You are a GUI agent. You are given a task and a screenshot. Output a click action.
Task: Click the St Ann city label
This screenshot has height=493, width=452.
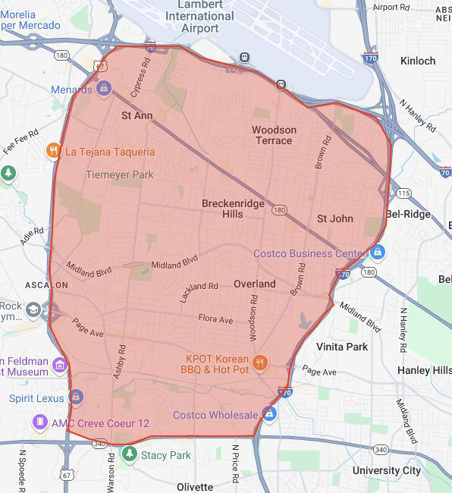click(137, 116)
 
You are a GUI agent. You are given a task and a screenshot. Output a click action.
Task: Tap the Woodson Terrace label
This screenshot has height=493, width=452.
click(274, 135)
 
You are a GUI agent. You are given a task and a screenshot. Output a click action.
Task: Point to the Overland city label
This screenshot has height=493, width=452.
click(254, 284)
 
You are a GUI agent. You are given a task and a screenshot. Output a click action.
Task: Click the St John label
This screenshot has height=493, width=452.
click(334, 218)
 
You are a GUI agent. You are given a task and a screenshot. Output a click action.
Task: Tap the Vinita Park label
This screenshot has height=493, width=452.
click(342, 347)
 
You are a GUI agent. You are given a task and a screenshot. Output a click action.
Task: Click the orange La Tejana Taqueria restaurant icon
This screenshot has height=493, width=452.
click(53, 151)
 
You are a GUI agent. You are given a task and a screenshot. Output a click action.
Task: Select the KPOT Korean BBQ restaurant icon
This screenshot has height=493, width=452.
click(260, 362)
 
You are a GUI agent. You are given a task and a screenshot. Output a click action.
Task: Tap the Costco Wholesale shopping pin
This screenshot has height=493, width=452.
click(268, 414)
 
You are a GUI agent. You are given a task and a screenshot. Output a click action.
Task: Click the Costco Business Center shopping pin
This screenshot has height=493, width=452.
click(378, 252)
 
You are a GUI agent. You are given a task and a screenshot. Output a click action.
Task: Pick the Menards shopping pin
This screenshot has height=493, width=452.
click(103, 89)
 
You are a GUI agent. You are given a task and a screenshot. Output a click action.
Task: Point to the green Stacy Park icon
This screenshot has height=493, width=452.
click(130, 455)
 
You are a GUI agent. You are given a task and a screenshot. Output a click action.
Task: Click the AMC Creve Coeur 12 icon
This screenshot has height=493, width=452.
click(39, 422)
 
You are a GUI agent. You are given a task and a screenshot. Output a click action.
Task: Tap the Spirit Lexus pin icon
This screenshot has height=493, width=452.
click(76, 397)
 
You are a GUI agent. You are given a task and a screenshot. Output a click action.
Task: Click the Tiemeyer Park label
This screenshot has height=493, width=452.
click(120, 174)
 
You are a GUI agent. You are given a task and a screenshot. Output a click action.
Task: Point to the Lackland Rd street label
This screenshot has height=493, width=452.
click(199, 291)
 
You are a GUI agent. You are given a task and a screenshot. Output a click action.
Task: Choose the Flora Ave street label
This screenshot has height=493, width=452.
click(215, 320)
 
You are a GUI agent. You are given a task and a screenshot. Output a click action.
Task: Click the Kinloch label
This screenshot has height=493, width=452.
click(418, 61)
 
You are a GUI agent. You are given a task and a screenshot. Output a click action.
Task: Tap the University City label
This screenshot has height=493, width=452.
click(386, 470)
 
